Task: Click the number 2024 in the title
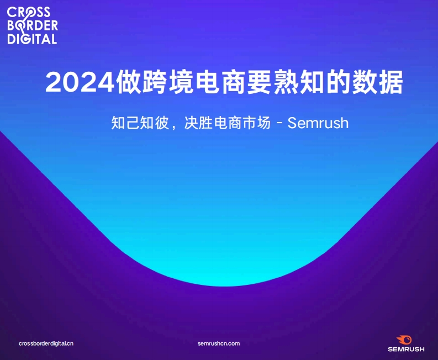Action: click(80, 82)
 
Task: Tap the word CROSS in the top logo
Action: click(29, 12)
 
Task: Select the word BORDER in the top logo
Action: click(33, 25)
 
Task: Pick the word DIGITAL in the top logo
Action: click(32, 39)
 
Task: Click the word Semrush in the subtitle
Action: click(318, 123)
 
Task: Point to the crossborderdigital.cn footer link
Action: click(46, 343)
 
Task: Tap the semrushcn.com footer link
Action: click(219, 343)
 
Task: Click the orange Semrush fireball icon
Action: click(404, 340)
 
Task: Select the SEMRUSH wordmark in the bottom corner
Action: click(406, 349)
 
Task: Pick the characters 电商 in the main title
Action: click(220, 82)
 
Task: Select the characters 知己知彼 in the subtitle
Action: click(140, 123)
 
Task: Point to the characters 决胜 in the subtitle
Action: click(198, 123)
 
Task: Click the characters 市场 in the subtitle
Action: click(256, 123)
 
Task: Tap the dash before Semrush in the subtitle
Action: click(279, 123)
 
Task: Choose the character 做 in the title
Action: click(129, 82)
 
